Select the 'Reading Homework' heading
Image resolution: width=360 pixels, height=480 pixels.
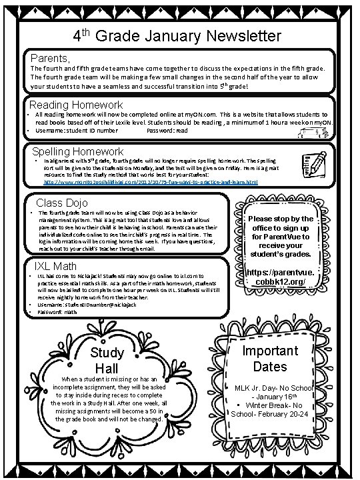click(76, 105)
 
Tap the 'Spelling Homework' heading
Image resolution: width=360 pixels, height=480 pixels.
click(78, 151)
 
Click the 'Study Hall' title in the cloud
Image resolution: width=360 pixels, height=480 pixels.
click(107, 361)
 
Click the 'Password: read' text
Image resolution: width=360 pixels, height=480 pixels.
click(167, 131)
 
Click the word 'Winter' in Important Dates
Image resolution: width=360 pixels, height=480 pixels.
click(263, 405)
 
